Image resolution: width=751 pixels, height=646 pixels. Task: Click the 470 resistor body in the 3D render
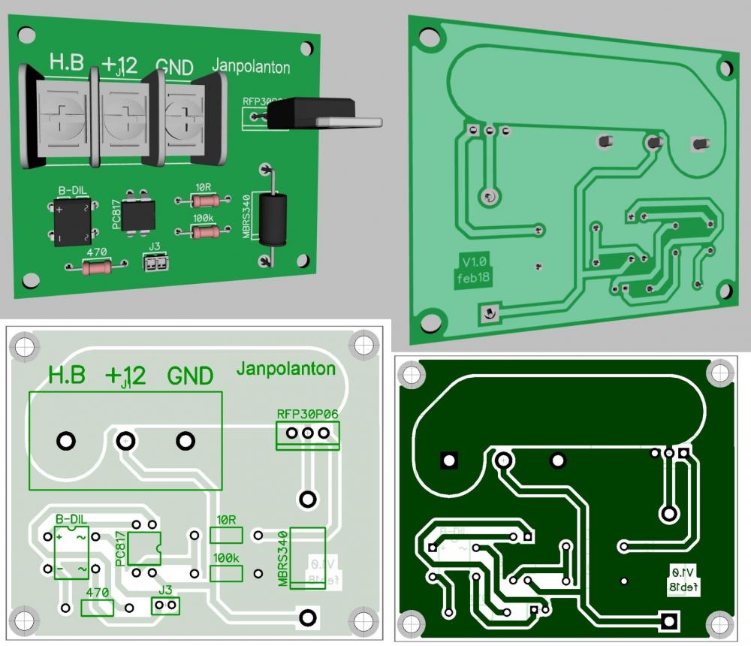pos(96,267)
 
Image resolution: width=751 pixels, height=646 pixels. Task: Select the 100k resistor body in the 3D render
pos(204,233)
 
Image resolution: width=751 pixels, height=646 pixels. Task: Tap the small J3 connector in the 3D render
pos(156,263)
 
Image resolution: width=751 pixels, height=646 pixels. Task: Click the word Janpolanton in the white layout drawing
pos(285,369)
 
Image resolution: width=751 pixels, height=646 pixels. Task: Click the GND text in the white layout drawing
pos(190,375)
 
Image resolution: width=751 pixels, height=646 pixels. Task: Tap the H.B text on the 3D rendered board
pos(68,64)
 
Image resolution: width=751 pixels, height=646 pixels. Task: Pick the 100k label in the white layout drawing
pos(226,558)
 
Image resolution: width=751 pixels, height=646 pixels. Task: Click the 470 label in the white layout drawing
pos(98,592)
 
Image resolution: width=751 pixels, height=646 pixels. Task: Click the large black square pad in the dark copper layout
pos(449,460)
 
